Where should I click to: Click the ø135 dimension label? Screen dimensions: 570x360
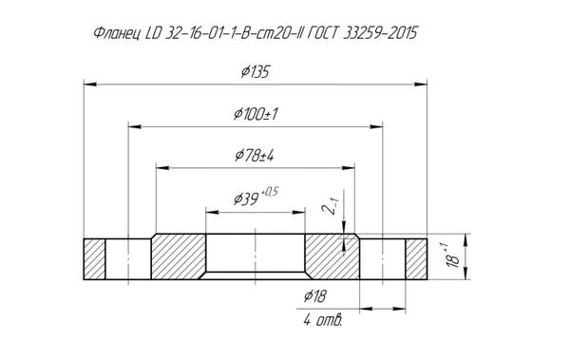coord(256,71)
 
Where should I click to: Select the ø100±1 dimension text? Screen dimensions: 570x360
coord(256,114)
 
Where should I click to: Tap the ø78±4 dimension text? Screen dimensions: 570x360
coord(255,156)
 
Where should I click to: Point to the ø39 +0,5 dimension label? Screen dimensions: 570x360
coord(256,197)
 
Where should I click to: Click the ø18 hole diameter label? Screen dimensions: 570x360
coord(315,296)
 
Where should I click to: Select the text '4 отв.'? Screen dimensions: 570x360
coord(322,320)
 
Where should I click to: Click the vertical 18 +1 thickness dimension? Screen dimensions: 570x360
coord(452,256)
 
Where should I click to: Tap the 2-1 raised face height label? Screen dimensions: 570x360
coord(329,206)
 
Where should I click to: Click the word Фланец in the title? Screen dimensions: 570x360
coord(117,33)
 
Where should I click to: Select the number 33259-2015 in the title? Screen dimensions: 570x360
coord(380,33)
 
